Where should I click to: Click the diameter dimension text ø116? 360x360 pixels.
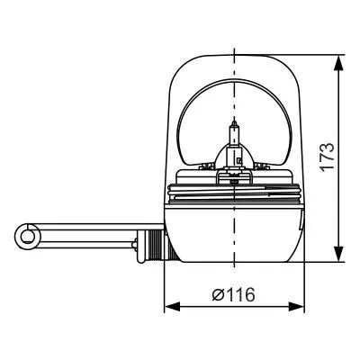click(x=233, y=295)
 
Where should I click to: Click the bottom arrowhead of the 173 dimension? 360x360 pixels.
click(x=337, y=255)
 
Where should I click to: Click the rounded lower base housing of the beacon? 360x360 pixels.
click(x=234, y=238)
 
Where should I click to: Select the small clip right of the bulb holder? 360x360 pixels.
click(x=264, y=168)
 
